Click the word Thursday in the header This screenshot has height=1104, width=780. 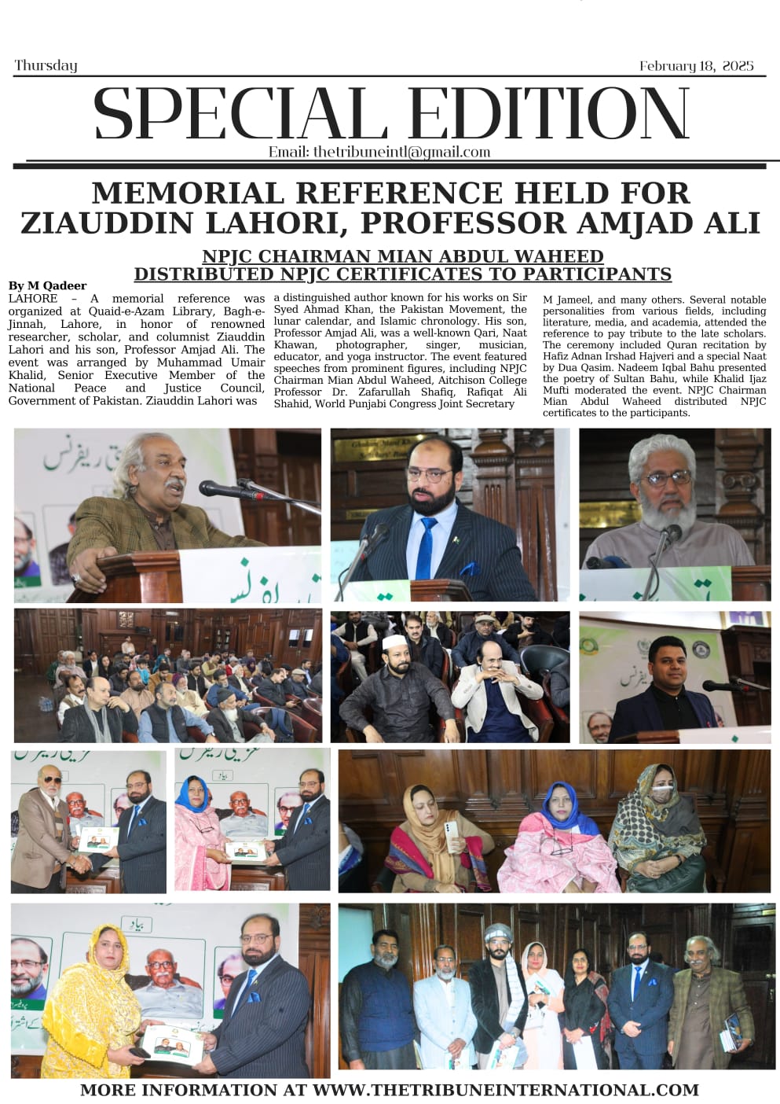coord(46,65)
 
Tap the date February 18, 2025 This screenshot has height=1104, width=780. coord(696,66)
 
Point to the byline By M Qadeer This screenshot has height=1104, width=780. coord(47,285)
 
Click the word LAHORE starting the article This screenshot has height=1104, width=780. coord(33,299)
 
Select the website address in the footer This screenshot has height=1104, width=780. coord(506,1090)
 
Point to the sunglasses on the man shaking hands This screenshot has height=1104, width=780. coord(50,780)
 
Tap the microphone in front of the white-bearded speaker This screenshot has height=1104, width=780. coord(670,536)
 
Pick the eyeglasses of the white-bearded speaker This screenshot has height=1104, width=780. coord(668,477)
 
